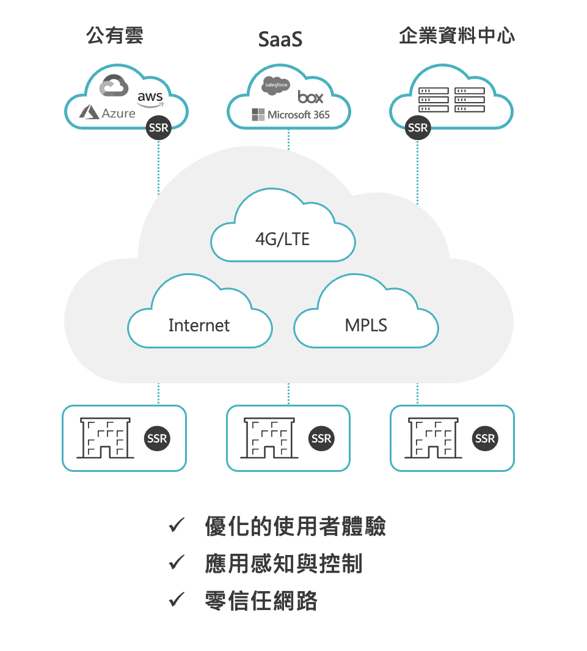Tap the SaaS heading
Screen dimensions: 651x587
point(280,40)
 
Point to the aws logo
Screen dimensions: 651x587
point(150,98)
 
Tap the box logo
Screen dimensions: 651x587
point(310,97)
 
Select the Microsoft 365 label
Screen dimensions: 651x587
point(290,114)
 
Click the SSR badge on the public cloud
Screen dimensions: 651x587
point(158,128)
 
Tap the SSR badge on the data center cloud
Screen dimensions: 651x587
point(418,128)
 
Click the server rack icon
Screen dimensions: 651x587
point(451,100)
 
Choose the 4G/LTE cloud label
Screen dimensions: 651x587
point(282,239)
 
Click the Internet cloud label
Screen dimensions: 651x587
point(199,325)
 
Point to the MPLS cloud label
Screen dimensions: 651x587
point(366,325)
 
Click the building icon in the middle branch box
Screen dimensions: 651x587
point(269,438)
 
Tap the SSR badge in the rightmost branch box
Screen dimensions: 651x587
point(485,438)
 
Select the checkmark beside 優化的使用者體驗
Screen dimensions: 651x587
point(177,525)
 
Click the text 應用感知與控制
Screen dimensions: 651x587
point(283,564)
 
